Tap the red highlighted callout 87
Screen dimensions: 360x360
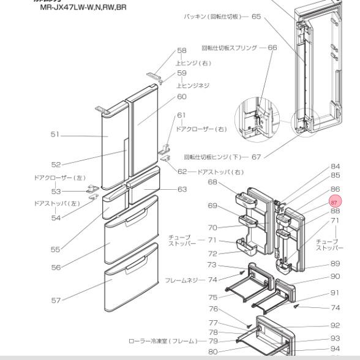334,201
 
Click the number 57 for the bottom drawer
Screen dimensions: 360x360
38,300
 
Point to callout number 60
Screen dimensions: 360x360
164,96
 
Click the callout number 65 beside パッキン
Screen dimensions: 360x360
255,16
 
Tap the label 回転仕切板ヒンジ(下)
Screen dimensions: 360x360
214,157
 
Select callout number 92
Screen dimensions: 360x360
335,326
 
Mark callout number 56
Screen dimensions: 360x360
38,268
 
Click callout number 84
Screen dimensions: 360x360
335,166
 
